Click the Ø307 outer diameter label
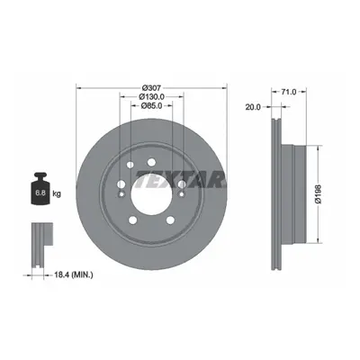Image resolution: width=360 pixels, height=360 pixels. (x=151, y=88)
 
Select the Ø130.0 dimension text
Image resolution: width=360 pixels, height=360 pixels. (x=151, y=97)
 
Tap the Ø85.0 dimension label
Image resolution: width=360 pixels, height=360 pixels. (x=151, y=105)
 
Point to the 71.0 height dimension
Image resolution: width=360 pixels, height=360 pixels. (x=289, y=92)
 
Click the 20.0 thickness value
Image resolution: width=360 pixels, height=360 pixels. (x=253, y=107)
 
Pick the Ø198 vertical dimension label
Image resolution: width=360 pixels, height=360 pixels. (x=319, y=194)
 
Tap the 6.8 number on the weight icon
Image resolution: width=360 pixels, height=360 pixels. (x=40, y=193)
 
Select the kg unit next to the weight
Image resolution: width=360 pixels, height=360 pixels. (x=57, y=193)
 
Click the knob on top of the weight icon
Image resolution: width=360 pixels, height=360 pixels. (x=40, y=175)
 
